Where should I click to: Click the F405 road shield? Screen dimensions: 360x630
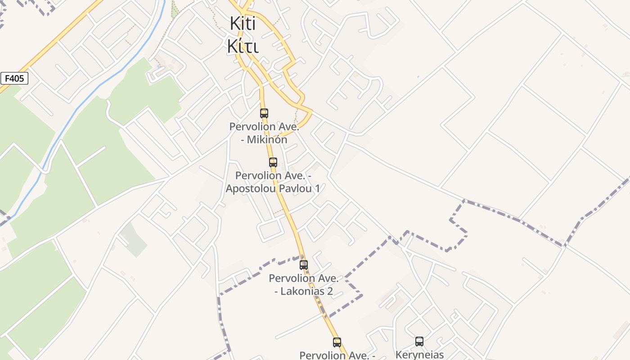click(14, 79)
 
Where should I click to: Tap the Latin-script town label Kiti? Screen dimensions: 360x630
click(243, 23)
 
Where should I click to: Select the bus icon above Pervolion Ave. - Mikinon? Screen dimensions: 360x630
click(264, 113)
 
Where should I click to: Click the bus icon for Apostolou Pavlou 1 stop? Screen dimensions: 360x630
click(273, 162)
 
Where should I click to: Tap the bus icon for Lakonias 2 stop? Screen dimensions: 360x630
click(304, 265)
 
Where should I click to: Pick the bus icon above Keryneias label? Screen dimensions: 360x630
click(419, 342)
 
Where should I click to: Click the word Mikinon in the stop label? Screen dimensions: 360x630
click(264, 139)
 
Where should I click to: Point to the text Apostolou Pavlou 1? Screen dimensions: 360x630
click(273, 189)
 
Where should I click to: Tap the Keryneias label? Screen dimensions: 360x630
click(419, 355)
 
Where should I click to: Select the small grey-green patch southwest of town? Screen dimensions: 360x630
click(134, 238)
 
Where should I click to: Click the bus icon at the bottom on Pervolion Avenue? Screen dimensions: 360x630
click(337, 342)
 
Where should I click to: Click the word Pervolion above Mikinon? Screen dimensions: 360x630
click(252, 127)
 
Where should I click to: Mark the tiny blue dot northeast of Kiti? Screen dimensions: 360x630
click(418, 76)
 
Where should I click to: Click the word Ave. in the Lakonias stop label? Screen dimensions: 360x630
click(328, 279)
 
